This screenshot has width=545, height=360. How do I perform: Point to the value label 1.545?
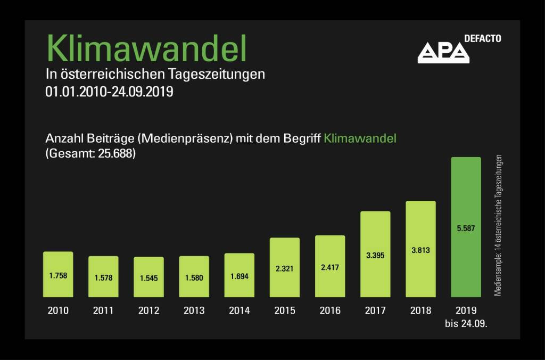coord(148,278)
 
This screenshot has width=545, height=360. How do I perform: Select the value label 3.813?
coord(420,250)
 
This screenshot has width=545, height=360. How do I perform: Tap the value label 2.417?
coord(330,267)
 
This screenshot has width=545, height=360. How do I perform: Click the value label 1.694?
coord(240,276)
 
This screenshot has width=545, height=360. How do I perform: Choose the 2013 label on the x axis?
coord(194,311)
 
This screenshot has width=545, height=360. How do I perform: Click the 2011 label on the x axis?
coord(103,311)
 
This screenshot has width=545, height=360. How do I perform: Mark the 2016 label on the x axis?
coord(330,311)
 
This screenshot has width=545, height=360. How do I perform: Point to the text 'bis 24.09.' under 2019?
coord(466,323)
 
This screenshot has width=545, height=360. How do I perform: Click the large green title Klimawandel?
coord(146,48)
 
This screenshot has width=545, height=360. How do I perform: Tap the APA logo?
coord(443,52)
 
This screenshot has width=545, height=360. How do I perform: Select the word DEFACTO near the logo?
coord(482,38)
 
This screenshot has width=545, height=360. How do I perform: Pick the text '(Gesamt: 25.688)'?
coord(89,154)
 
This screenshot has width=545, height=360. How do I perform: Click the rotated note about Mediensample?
coord(498,226)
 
